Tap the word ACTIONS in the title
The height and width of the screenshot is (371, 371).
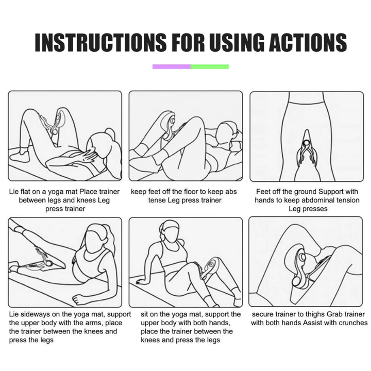pos(308,42)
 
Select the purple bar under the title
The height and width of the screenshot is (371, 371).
pos(172,66)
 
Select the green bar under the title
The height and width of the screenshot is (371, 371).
pos(210,66)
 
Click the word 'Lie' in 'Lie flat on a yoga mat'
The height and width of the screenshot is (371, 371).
pos(14,191)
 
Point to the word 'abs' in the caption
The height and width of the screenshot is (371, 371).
pos(231,192)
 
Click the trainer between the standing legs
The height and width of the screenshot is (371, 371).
pos(307,148)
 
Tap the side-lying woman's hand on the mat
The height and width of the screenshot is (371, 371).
pos(80,300)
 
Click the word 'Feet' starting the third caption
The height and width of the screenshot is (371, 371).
pos(263,191)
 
